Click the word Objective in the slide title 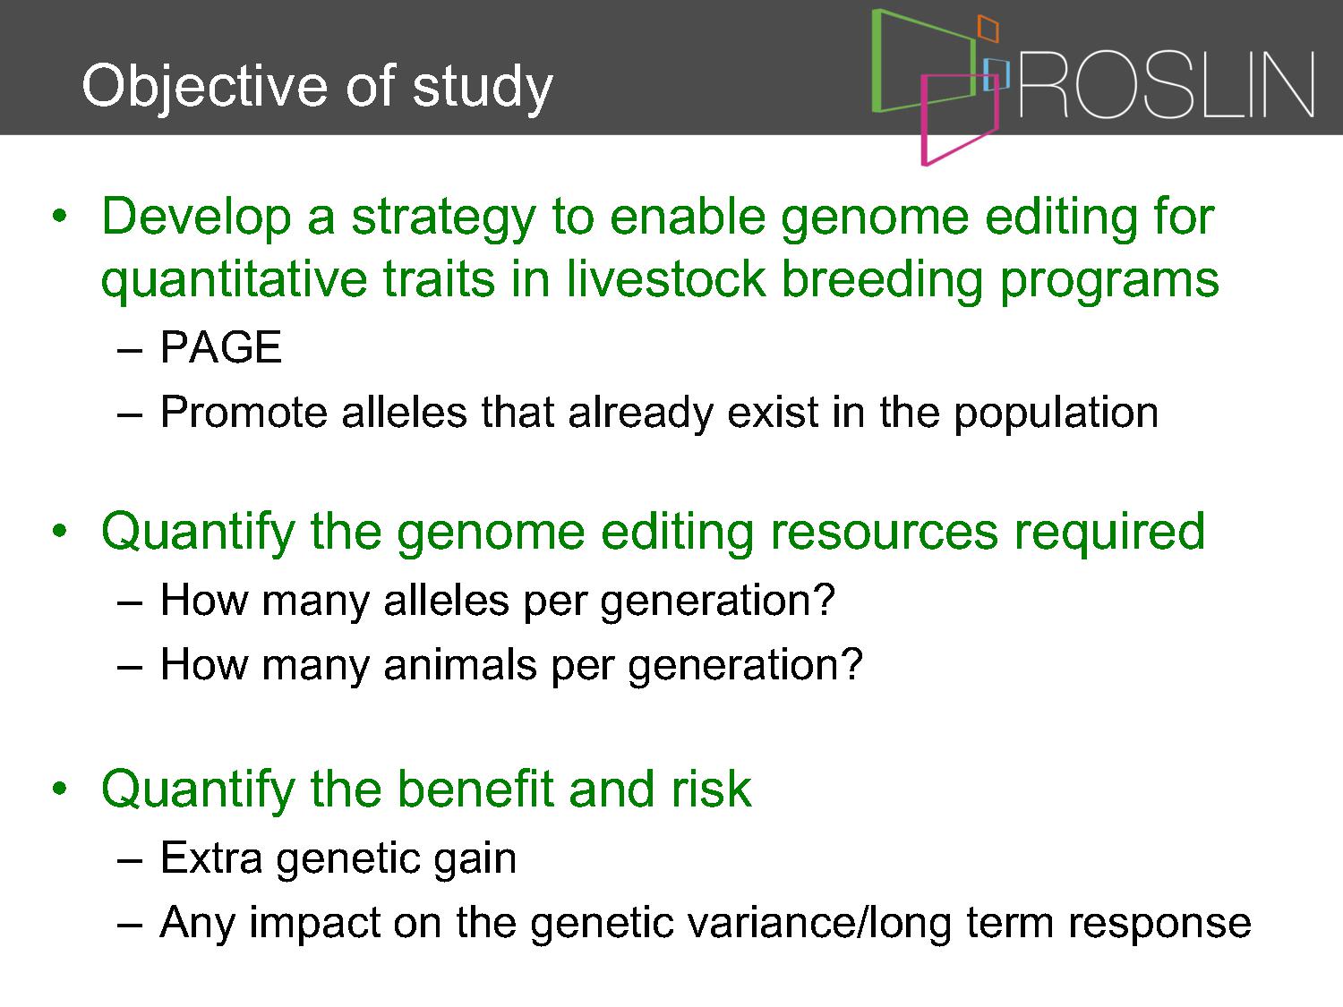[208, 88]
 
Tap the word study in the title [483, 88]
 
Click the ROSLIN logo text [1167, 85]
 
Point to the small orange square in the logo [988, 28]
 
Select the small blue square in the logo [997, 74]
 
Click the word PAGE [221, 347]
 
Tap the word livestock [666, 279]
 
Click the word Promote [244, 412]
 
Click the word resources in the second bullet [884, 532]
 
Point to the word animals [460, 665]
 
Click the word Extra [211, 858]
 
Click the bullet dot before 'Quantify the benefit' [59, 789]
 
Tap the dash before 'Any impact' [130, 925]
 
